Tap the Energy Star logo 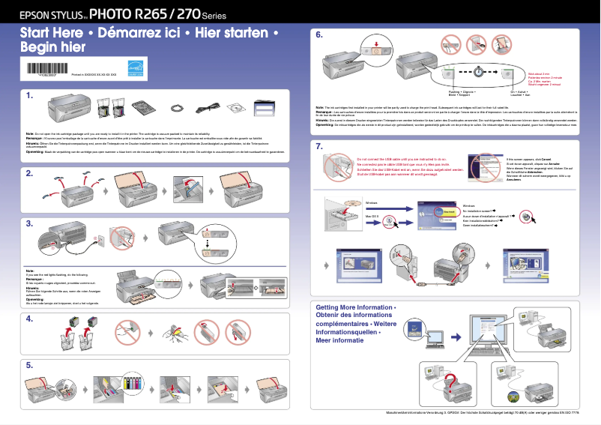(x=135, y=67)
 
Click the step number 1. (x=29, y=96)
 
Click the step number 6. (x=319, y=34)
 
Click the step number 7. (x=319, y=146)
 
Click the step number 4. (x=29, y=319)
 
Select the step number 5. (x=29, y=365)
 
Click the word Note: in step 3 (x=31, y=270)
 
